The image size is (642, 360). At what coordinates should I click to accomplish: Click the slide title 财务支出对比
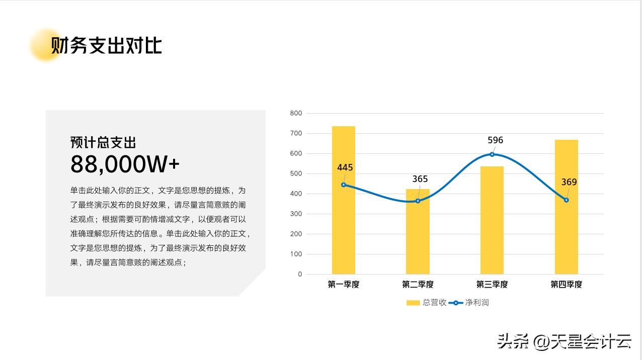pyautogui.click(x=106, y=45)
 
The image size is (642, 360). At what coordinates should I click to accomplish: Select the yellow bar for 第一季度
pyautogui.click(x=343, y=226)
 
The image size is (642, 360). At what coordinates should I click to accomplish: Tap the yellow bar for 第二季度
pyautogui.click(x=418, y=241)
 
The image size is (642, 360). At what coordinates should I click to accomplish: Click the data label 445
pyautogui.click(x=345, y=167)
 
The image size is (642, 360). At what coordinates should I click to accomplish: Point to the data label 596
pyautogui.click(x=495, y=140)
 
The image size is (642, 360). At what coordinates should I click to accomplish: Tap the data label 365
pyautogui.click(x=420, y=179)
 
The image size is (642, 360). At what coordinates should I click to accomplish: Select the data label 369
pyautogui.click(x=569, y=182)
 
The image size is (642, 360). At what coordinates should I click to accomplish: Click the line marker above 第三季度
pyautogui.click(x=492, y=154)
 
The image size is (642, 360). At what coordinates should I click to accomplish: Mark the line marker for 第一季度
pyautogui.click(x=344, y=185)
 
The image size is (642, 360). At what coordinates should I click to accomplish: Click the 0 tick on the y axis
pyautogui.click(x=300, y=274)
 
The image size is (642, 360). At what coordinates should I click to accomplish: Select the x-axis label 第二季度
pyautogui.click(x=418, y=285)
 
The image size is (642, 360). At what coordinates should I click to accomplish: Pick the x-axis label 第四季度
pyautogui.click(x=567, y=285)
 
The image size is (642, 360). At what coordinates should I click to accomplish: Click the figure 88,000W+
pyautogui.click(x=125, y=164)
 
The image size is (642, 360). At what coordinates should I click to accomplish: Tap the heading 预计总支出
pyautogui.click(x=103, y=142)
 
